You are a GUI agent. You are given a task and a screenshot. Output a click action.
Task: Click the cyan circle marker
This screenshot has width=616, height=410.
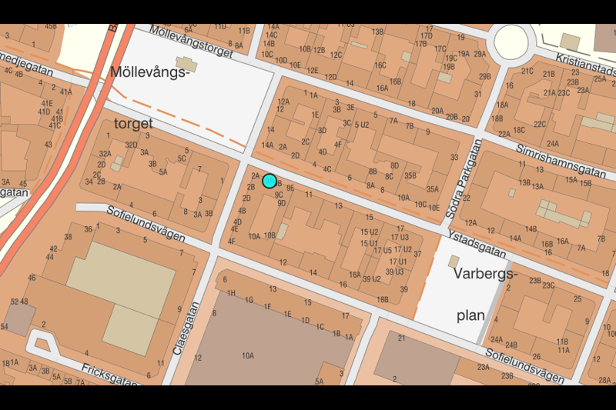tap(269, 181)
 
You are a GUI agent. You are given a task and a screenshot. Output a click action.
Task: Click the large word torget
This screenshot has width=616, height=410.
tap(133, 123)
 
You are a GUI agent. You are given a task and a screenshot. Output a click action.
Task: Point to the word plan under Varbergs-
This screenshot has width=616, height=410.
tap(470, 315)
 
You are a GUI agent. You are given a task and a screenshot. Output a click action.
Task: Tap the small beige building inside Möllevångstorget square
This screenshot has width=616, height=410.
tap(186, 62)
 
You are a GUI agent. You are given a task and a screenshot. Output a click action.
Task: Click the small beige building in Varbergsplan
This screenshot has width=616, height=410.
tap(454, 262)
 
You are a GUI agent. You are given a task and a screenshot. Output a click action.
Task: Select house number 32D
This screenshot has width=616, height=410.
tap(132, 145)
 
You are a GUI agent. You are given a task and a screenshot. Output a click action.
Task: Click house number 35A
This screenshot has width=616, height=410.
tap(432, 189)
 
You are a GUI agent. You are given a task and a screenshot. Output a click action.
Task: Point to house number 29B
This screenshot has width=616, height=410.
tap(484, 76)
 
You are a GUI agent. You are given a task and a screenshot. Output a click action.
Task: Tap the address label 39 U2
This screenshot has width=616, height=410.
tap(371, 278)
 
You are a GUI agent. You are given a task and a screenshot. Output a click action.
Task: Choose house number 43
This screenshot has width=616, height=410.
tap(48, 145)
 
